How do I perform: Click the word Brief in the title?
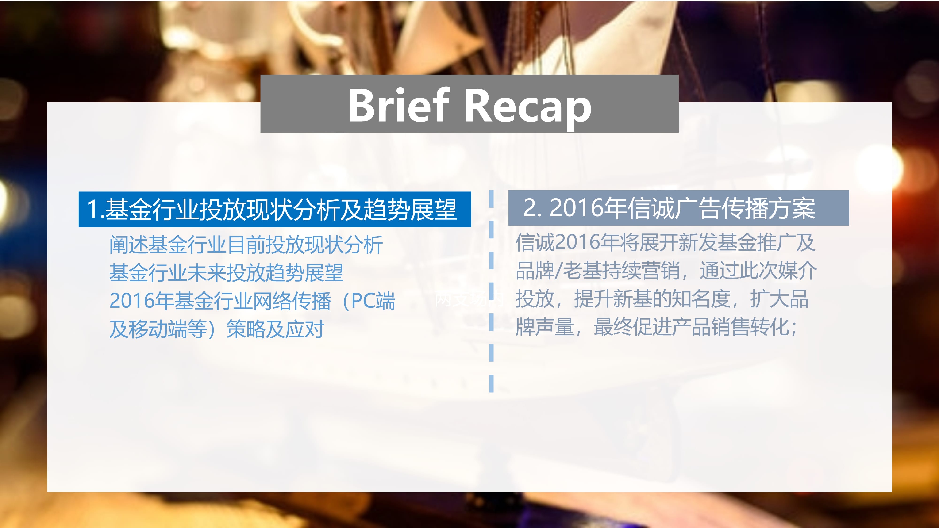click(398, 105)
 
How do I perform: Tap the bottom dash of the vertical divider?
click(491, 383)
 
